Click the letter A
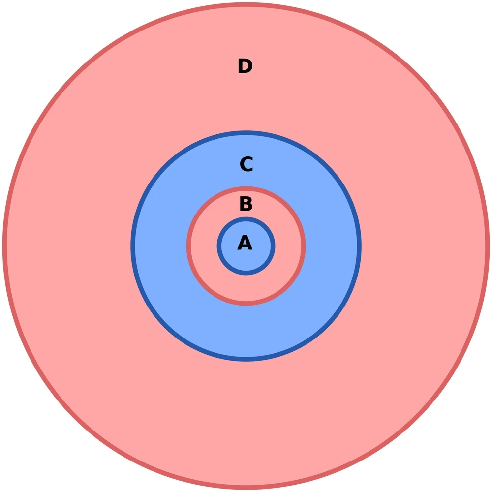(x=245, y=243)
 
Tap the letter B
(x=246, y=204)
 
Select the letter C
(x=246, y=164)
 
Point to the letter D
(x=245, y=66)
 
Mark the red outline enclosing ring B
(x=304, y=246)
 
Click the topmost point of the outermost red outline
(x=246, y=5)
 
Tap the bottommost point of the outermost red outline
(x=246, y=487)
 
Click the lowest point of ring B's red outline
(x=246, y=304)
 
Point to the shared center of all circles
(x=246, y=246)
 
